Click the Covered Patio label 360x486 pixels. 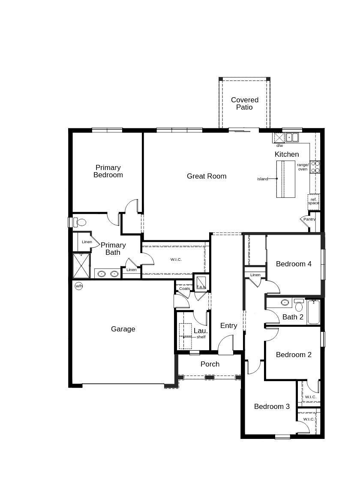[245, 104]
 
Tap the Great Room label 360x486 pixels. [207, 176]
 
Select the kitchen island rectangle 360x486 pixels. [285, 179]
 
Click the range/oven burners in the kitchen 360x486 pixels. [315, 167]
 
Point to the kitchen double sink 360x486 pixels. [292, 137]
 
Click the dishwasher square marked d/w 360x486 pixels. [279, 137]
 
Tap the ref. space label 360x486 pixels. [313, 201]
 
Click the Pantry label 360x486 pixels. [309, 219]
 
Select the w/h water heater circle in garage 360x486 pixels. [79, 286]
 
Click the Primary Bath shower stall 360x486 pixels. [81, 265]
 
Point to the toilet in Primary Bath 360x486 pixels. [80, 223]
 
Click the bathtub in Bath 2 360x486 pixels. [313, 312]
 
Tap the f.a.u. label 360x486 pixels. [201, 287]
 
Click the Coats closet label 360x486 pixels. [184, 289]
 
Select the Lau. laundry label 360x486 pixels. [201, 331]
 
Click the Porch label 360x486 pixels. [210, 364]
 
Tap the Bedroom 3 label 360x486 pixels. [272, 406]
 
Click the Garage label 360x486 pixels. [123, 329]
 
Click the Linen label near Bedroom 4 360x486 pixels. [255, 275]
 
